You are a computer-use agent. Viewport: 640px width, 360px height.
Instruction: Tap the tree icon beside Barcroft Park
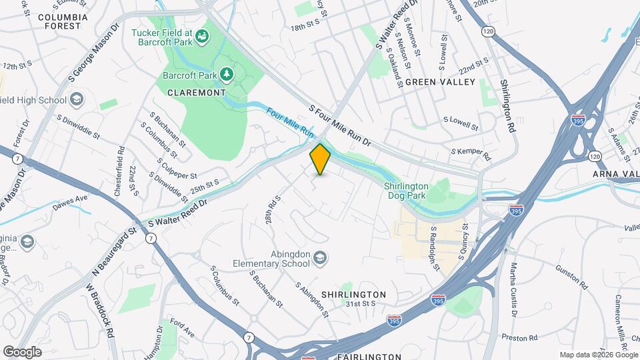(x=228, y=73)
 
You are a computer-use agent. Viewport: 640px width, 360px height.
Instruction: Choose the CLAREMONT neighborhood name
(x=197, y=93)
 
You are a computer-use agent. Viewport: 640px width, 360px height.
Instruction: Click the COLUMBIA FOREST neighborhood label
(x=63, y=21)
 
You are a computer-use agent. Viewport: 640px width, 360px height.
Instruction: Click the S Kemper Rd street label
(x=471, y=155)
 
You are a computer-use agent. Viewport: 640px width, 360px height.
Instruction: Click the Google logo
(x=22, y=351)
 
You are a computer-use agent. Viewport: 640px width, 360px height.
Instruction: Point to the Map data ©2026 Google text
(x=598, y=355)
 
